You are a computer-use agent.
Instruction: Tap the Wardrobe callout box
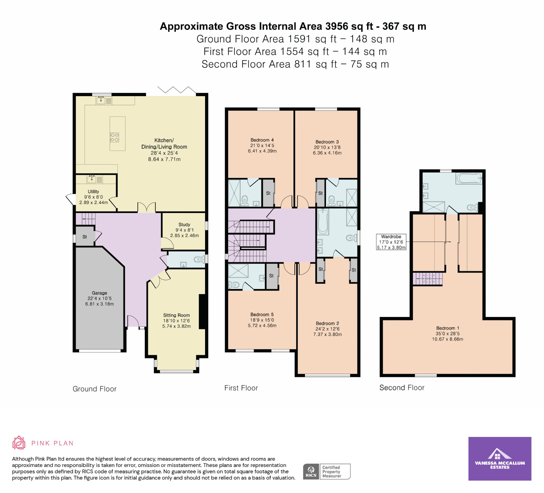[x=391, y=242]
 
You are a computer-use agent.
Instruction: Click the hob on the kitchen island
[x=114, y=137]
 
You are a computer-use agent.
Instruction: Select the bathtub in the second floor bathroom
[x=469, y=179]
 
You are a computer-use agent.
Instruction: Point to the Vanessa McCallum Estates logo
[x=500, y=462]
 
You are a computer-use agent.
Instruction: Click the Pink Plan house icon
[x=19, y=443]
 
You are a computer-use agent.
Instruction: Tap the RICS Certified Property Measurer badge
[x=326, y=471]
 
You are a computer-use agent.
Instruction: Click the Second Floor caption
[x=402, y=388]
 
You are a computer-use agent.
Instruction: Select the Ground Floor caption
[x=95, y=389]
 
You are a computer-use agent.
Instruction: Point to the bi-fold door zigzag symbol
[x=177, y=90]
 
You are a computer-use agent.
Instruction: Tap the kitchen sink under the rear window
[x=101, y=101]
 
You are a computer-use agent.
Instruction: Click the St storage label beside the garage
[x=85, y=237]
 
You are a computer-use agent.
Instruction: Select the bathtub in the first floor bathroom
[x=323, y=222]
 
